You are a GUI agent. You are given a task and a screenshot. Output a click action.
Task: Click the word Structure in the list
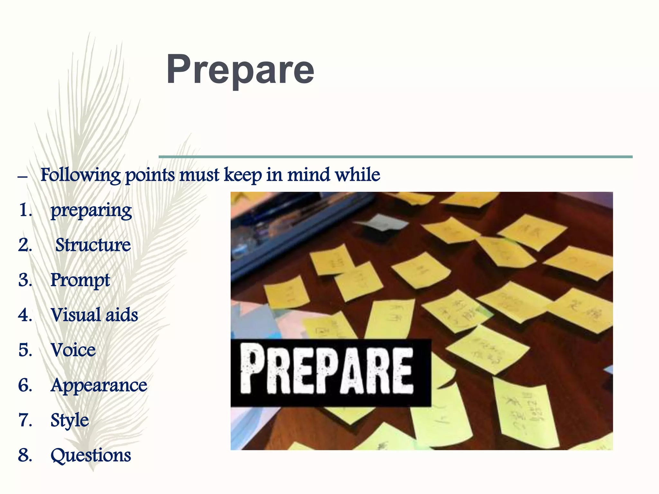(93, 245)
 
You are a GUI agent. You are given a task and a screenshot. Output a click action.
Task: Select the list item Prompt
(80, 280)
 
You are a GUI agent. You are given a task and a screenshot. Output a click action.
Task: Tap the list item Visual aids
(94, 315)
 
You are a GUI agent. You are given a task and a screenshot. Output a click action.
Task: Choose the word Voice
(73, 350)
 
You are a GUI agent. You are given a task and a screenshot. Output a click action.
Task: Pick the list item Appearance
(99, 385)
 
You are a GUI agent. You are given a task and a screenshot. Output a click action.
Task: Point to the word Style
(70, 420)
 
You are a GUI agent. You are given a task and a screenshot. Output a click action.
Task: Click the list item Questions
(91, 455)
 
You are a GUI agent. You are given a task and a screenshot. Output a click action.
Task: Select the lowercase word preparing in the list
(91, 211)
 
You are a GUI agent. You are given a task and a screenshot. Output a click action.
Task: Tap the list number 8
(25, 455)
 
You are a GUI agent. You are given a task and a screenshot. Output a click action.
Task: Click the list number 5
(25, 350)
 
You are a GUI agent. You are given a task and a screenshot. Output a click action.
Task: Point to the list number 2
(25, 245)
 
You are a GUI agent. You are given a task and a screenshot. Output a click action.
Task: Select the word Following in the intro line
(80, 175)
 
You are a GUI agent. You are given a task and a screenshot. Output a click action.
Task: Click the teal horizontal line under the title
(395, 157)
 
